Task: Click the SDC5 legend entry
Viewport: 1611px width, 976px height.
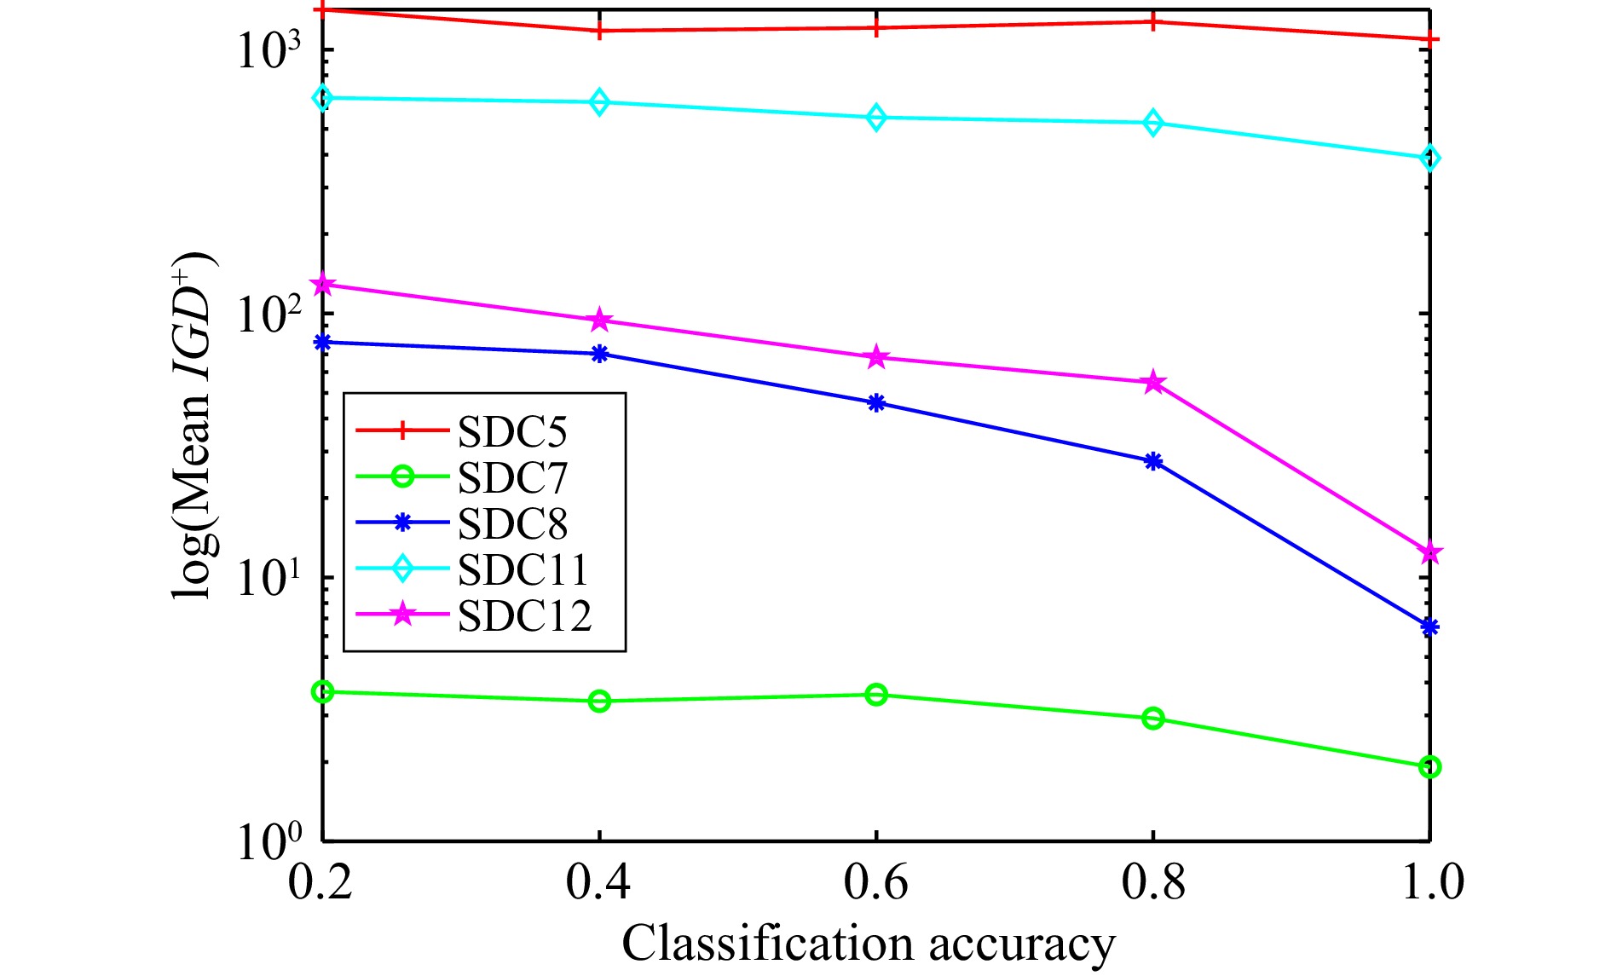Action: (511, 432)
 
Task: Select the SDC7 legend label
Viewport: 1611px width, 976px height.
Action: (511, 478)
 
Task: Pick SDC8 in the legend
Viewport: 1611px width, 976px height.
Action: (511, 524)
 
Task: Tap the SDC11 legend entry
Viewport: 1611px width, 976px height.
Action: (523, 570)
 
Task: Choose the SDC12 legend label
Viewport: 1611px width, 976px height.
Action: (524, 616)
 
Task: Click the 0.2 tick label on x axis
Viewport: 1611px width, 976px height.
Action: (321, 882)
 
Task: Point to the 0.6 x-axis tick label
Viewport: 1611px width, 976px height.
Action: (875, 882)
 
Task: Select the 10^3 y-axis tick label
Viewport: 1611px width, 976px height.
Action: (269, 51)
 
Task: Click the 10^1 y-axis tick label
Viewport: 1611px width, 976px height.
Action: (269, 580)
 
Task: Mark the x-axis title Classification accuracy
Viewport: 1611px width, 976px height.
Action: (868, 944)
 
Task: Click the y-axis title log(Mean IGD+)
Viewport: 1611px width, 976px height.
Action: (194, 426)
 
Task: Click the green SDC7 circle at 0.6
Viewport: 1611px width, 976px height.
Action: (876, 695)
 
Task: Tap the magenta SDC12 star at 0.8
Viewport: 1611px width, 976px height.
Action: (1153, 383)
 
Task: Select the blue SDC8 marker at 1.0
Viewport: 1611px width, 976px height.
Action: (1429, 627)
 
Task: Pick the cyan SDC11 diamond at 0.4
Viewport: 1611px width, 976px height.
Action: (599, 102)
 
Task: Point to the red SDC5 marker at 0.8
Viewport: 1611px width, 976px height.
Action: (1153, 21)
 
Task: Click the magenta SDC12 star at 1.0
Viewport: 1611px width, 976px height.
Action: (1430, 553)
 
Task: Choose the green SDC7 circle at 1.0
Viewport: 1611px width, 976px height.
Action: (1430, 767)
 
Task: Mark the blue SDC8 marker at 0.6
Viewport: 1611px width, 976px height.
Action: (876, 403)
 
